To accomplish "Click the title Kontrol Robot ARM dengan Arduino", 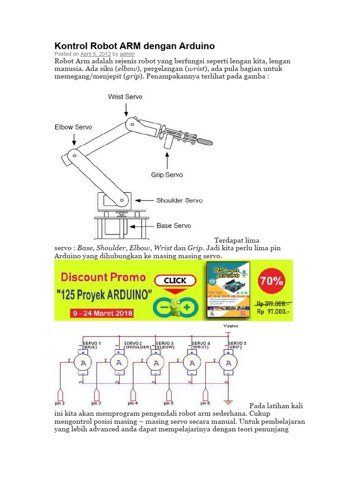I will click(x=135, y=46).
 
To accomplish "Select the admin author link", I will click(x=127, y=54).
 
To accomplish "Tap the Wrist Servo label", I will click(x=125, y=97).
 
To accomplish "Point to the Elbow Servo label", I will click(x=74, y=127).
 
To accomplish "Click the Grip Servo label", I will click(x=167, y=175).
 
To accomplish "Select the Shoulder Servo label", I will click(x=180, y=200).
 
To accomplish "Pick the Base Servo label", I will click(x=173, y=225).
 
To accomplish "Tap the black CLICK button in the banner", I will click(x=175, y=280).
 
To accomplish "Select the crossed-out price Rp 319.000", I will click(x=273, y=303).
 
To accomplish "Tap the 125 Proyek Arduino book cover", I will click(x=228, y=291).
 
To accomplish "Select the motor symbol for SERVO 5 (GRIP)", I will click(x=228, y=363).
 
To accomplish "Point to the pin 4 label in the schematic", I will click(x=133, y=403).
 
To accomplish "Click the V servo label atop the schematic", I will click(x=231, y=325).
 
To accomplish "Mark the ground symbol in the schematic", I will click(x=228, y=402).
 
